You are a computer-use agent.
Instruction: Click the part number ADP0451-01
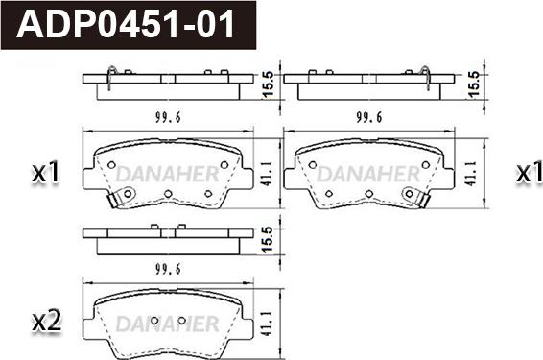tap(126, 24)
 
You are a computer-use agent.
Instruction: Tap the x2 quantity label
tap(46, 322)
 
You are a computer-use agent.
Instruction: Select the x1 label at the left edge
tap(46, 173)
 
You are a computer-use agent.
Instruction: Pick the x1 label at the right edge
tap(529, 172)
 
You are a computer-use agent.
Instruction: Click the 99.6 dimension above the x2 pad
tap(168, 269)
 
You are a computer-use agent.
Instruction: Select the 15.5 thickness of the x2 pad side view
tap(269, 240)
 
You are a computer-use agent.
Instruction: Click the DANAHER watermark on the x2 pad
tap(167, 324)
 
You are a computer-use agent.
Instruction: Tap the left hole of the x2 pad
tap(154, 321)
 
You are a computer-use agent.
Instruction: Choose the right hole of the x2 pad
tap(182, 321)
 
